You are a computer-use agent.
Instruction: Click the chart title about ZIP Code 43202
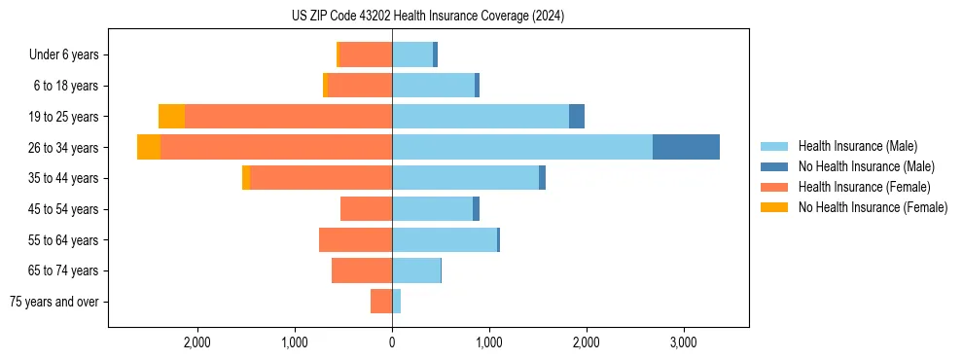pos(427,17)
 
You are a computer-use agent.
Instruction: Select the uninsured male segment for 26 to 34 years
pos(686,147)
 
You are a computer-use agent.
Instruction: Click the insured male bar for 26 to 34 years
pos(522,147)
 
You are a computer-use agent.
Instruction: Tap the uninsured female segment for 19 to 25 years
pos(171,117)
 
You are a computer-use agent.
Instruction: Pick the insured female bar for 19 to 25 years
pos(288,117)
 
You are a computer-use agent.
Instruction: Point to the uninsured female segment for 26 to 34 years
pos(149,147)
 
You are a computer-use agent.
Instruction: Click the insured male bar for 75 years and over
pos(397,302)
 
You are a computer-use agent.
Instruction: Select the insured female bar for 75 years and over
pos(381,302)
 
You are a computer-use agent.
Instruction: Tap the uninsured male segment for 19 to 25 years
pos(577,117)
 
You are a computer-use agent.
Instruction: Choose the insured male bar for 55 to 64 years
pos(445,240)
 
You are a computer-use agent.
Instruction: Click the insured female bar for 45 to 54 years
pos(366,209)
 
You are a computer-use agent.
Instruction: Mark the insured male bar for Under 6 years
pos(412,54)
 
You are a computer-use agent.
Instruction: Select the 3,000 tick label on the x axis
pos(683,342)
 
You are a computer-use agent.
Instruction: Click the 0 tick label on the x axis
pos(392,342)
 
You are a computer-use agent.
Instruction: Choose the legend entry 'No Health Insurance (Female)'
pos(872,207)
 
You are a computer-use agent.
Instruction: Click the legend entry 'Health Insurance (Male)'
pos(857,146)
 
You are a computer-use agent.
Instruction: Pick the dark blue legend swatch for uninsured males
pos(773,166)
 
